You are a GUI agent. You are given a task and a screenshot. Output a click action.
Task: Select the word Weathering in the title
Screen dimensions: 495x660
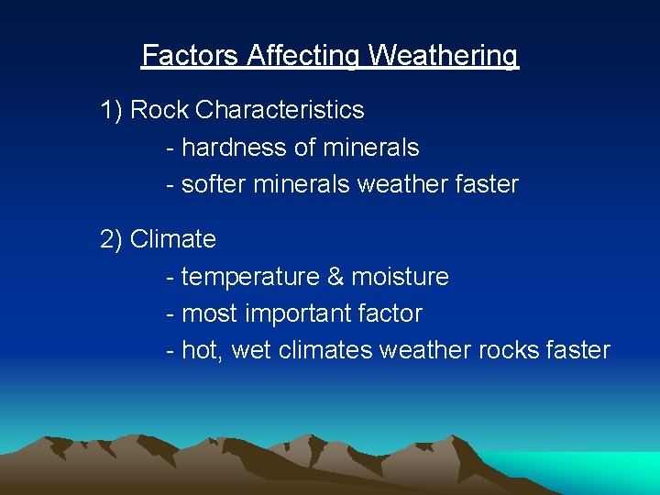tap(444, 56)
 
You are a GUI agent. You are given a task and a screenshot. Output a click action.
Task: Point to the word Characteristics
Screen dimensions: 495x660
tap(280, 110)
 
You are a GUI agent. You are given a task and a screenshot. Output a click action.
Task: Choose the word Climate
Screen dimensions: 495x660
tap(173, 239)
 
